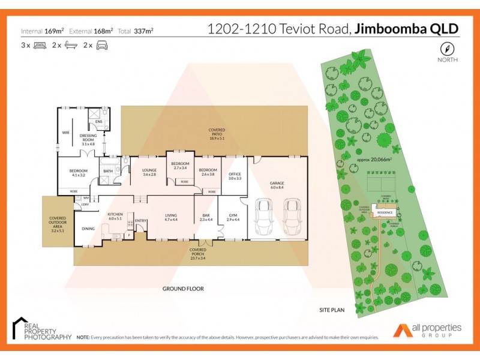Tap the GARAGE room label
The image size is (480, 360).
point(277,184)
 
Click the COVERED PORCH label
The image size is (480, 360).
point(198,251)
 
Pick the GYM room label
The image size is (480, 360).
point(232,217)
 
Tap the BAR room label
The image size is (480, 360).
point(206,217)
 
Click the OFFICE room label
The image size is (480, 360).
point(235,175)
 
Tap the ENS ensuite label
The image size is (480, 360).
point(98,122)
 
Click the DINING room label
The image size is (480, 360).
point(88,229)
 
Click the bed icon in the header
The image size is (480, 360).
point(41,46)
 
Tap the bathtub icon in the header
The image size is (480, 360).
point(71,46)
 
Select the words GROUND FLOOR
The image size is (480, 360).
point(183,289)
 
